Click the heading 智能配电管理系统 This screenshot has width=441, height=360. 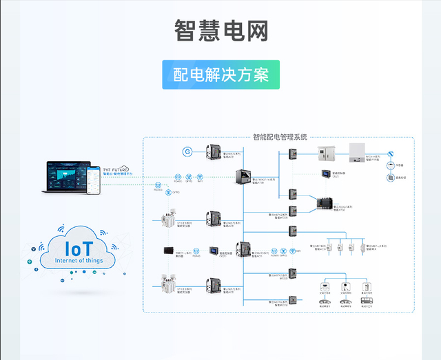[280, 137]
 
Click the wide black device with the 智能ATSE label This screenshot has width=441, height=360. [325, 203]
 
